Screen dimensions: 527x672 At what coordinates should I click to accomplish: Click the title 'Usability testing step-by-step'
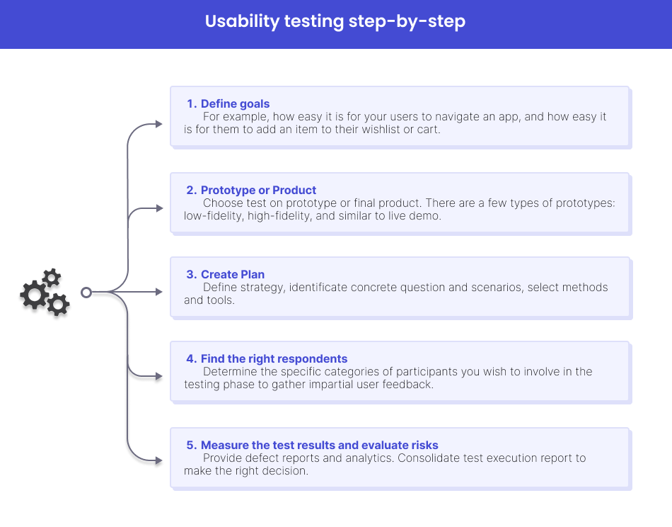point(335,22)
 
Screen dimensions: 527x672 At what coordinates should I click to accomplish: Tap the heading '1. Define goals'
point(228,104)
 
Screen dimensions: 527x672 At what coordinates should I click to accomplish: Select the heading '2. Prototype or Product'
point(251,190)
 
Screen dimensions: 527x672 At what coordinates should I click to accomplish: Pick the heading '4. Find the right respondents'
point(267,359)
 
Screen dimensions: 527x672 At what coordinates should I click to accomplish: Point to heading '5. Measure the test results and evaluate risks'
point(312,446)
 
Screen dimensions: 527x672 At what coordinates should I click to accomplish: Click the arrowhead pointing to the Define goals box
point(158,124)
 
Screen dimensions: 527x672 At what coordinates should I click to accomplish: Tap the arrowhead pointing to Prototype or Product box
point(158,208)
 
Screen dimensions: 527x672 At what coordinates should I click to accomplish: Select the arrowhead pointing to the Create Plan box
point(158,292)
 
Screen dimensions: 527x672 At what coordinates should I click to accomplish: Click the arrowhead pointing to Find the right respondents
point(158,376)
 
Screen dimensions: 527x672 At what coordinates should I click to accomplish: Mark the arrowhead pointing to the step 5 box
point(158,460)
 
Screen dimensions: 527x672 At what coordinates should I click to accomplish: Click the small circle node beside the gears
point(86,292)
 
